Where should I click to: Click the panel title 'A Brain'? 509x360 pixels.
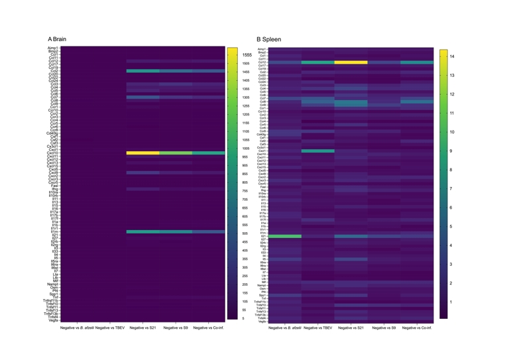(x=57, y=39)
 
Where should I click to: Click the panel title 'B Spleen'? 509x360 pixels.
(x=268, y=39)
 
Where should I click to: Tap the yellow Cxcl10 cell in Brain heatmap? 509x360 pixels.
(x=142, y=153)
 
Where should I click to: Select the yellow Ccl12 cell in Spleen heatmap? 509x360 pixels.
(x=351, y=62)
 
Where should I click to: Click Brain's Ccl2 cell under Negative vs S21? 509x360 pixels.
(x=142, y=71)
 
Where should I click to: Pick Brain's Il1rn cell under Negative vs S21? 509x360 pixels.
(x=142, y=232)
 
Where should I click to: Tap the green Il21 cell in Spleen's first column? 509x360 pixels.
(x=285, y=236)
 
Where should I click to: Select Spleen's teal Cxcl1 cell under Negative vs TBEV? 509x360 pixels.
(x=317, y=151)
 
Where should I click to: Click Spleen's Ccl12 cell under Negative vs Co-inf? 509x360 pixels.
(x=416, y=62)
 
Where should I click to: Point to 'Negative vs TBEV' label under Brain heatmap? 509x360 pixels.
(x=110, y=328)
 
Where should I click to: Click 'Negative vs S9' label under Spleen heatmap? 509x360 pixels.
(x=384, y=328)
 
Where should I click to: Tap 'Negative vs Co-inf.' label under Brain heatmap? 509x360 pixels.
(x=209, y=328)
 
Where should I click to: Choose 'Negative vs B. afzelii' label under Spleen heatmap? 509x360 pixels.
(x=285, y=328)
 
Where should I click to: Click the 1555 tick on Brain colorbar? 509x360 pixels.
(x=247, y=55)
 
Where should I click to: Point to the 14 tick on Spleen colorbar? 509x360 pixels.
(x=452, y=57)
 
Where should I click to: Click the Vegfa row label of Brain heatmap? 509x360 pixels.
(x=53, y=321)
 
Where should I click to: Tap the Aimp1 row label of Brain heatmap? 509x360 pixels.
(x=53, y=48)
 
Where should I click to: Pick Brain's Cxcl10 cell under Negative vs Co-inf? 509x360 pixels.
(x=209, y=153)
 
